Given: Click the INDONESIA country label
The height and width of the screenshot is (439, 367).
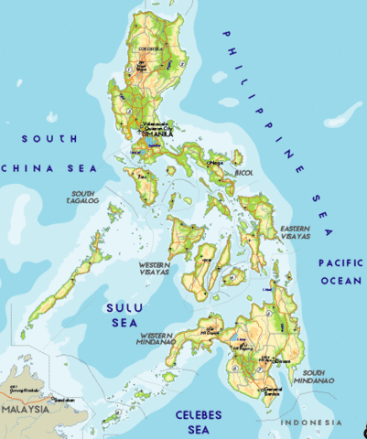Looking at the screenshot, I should coord(310,422).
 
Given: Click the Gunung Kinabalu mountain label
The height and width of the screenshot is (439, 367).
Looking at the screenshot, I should coord(20,389).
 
